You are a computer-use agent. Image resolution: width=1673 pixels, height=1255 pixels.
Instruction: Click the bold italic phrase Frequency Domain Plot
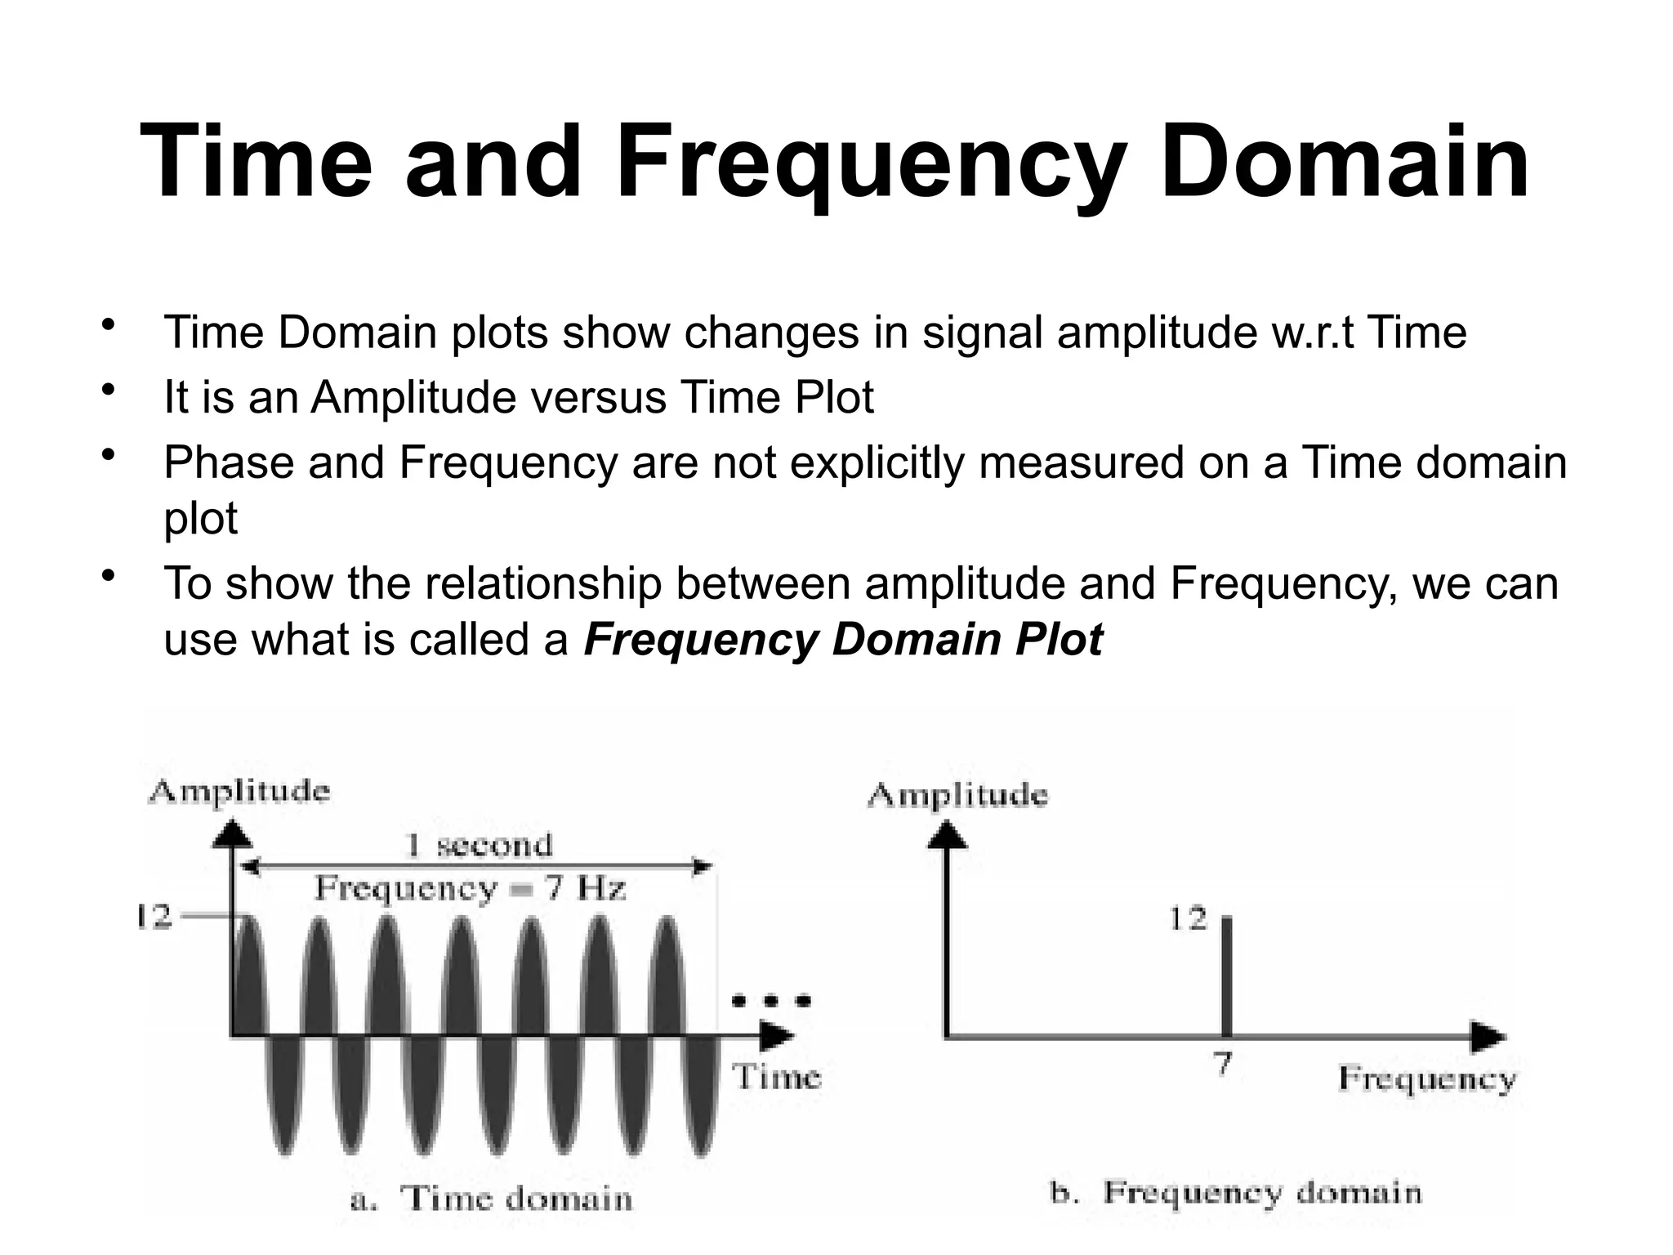coord(843,639)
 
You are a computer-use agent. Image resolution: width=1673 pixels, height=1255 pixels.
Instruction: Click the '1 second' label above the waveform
coord(479,845)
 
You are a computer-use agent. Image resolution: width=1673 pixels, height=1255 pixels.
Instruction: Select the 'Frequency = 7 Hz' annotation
coord(471,888)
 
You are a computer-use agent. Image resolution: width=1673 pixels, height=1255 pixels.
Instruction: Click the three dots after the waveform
coord(771,1000)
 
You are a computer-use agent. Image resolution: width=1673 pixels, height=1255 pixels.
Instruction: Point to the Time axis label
coord(775,1077)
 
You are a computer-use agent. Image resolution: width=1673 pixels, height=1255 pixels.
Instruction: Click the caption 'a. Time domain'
coord(491,1199)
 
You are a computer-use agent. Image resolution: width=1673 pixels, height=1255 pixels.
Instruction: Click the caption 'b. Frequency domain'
coord(1235,1193)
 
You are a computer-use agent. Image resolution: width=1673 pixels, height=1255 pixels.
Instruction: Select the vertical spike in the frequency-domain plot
coord(1225,976)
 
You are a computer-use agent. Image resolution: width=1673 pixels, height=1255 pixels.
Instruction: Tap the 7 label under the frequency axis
coord(1223,1065)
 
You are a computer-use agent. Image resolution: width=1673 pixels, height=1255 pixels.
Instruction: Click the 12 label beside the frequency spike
coord(1187,920)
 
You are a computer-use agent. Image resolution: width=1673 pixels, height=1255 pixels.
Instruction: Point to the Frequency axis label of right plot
coord(1426,1079)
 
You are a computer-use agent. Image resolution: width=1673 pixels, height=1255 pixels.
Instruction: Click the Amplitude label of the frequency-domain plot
coord(957,795)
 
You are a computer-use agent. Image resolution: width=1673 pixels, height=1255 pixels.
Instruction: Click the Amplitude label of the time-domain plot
coord(239,791)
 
